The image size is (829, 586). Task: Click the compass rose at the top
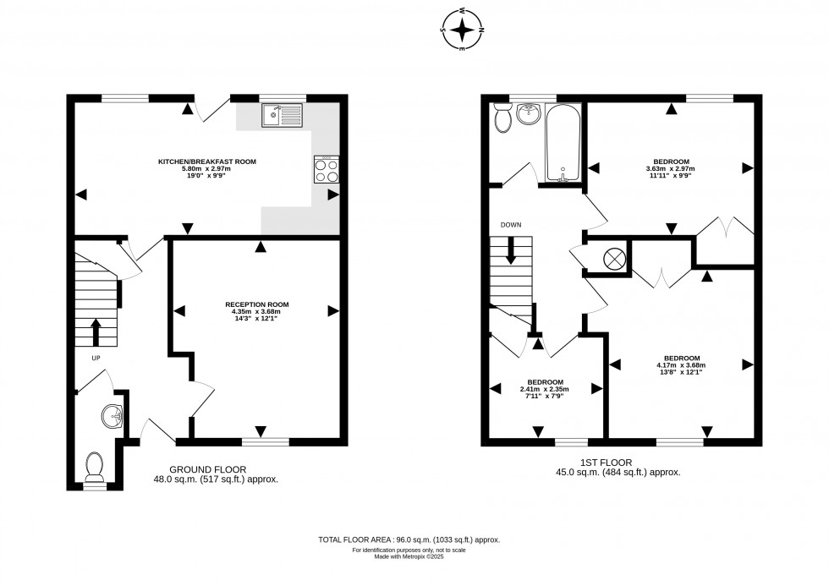coord(463,30)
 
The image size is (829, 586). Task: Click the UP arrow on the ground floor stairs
coord(95,332)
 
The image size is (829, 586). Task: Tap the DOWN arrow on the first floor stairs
coord(511,249)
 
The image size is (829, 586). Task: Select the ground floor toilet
coord(95,465)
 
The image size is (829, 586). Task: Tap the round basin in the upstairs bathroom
coord(530,113)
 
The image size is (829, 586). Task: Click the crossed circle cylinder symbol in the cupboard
coord(614,259)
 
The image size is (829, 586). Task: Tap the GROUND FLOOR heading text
coord(208,469)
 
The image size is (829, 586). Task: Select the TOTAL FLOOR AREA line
coord(409,539)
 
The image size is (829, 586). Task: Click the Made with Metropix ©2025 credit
coord(409,556)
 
